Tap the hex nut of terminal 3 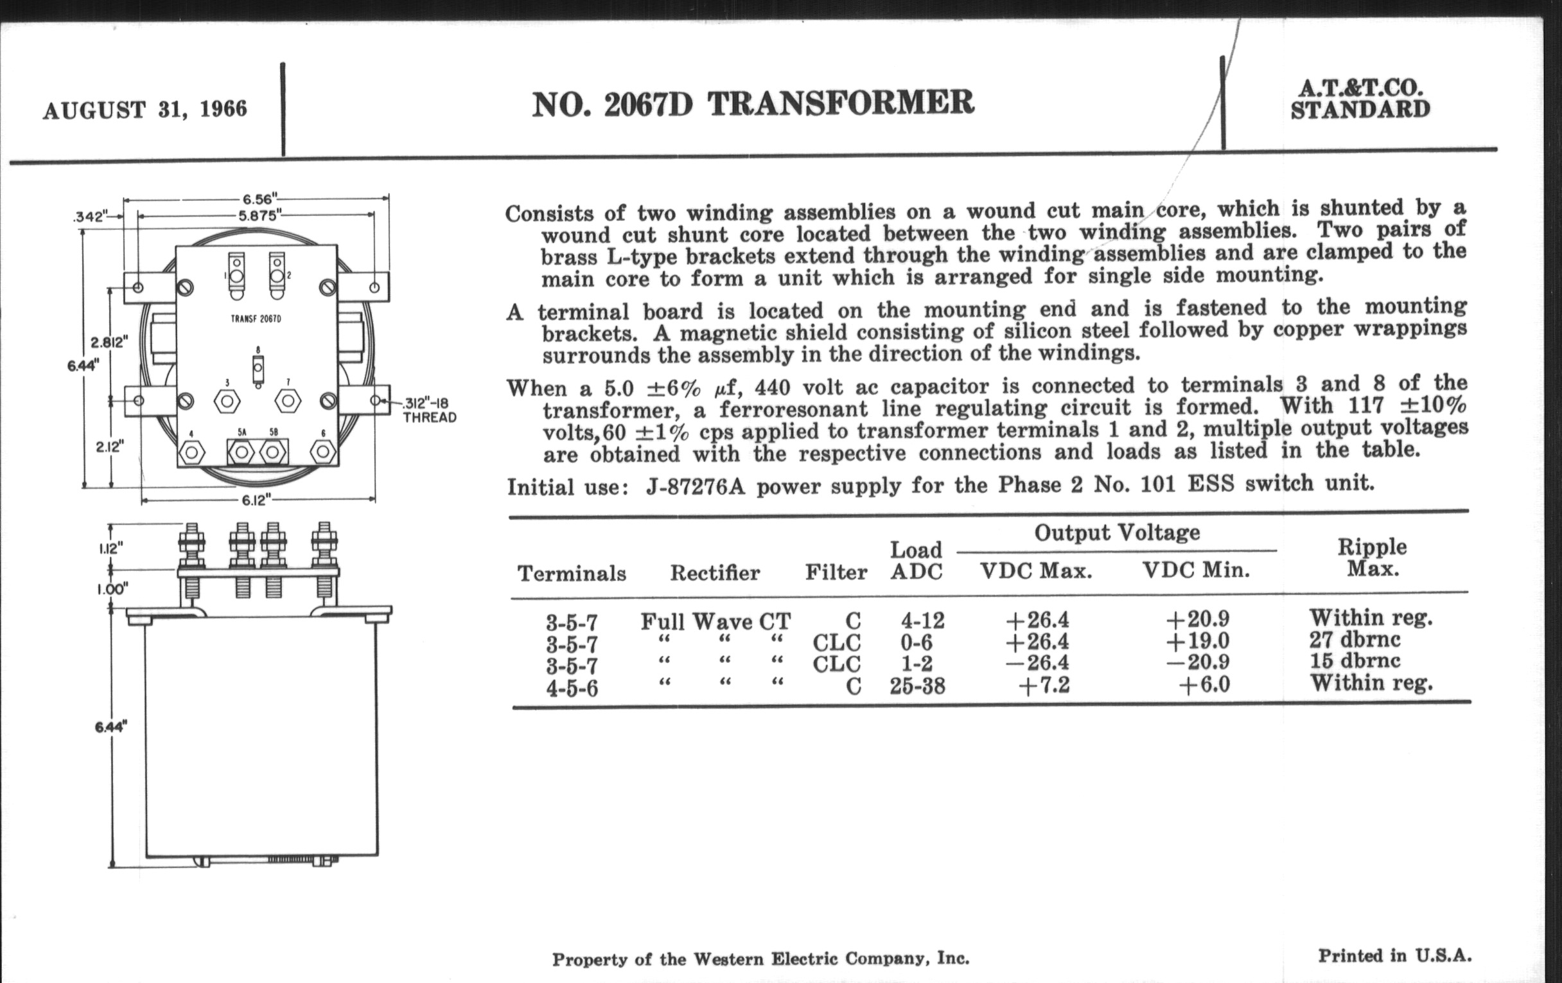click(226, 402)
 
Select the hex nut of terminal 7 click(287, 401)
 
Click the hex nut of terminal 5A click(242, 452)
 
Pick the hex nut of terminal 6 click(323, 452)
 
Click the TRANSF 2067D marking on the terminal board click(256, 319)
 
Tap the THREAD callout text click(430, 417)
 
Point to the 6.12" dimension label click(256, 500)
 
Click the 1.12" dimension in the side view click(110, 548)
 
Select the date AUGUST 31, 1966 click(145, 109)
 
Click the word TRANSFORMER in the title click(841, 104)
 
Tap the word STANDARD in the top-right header click(1360, 111)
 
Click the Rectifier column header click(714, 572)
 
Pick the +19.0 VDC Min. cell click(1197, 641)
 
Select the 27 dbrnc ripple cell click(1355, 640)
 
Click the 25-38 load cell click(917, 686)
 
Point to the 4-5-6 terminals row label click(572, 687)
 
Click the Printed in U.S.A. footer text click(1394, 956)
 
